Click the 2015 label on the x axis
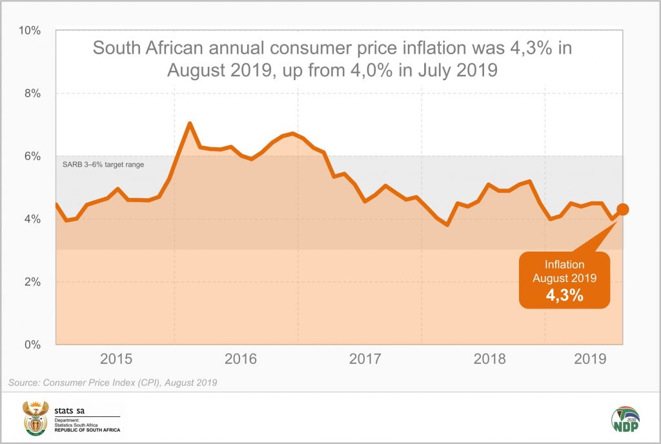(116, 359)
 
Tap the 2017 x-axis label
(365, 359)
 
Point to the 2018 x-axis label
(490, 359)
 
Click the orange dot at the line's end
(623, 209)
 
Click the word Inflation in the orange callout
(564, 265)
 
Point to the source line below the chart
(112, 383)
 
